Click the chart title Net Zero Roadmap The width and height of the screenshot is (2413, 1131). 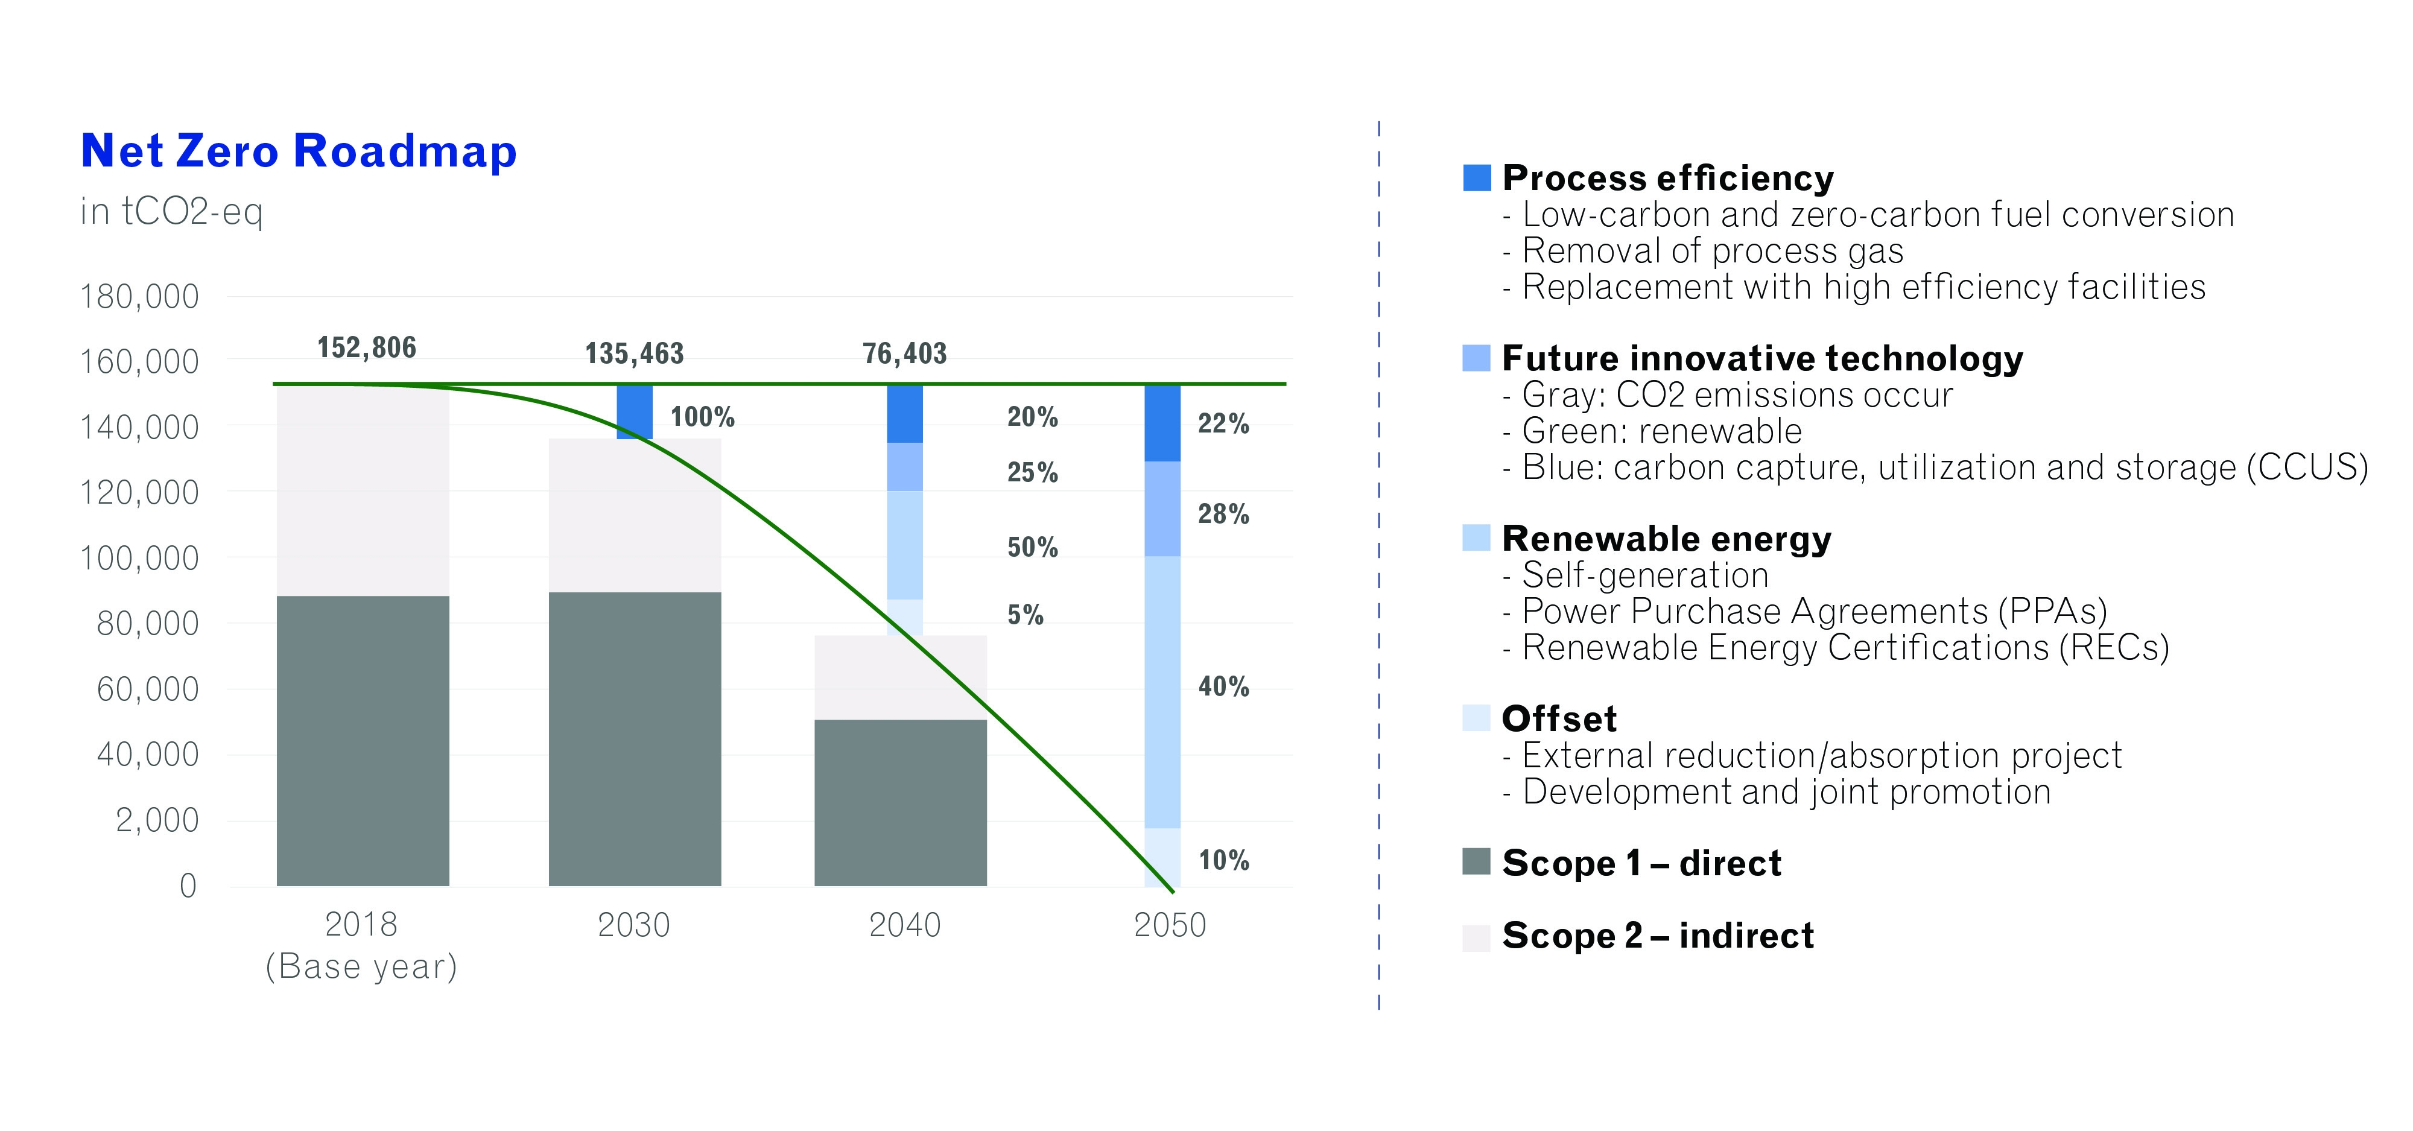coord(298,151)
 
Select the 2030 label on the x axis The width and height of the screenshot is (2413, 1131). coord(634,925)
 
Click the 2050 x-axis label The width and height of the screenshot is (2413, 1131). coord(1170,925)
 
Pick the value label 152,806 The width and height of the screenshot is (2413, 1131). coord(366,347)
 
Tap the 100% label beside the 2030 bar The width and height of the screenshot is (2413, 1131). coord(703,417)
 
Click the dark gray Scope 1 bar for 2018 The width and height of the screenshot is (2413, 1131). coord(363,740)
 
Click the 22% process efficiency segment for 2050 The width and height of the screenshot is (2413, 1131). coord(1162,422)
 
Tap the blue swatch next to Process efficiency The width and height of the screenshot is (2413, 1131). coord(1476,178)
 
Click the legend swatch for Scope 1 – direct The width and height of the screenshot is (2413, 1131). coord(1476,861)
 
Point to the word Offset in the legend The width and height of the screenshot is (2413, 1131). coord(1559,719)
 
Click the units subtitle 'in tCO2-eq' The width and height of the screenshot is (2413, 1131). coord(171,212)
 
